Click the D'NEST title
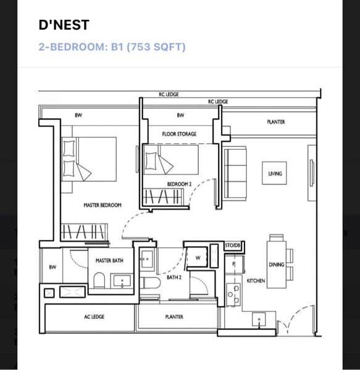64,25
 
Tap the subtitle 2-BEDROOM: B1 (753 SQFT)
112,47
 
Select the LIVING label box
275,173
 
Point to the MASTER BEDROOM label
103,205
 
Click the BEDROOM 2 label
180,184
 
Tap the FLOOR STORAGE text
179,134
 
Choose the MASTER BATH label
109,261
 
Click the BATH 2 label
173,277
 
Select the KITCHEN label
256,281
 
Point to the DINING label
276,265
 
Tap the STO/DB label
232,245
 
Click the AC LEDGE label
94,317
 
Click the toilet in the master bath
99,281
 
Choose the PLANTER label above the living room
276,122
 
